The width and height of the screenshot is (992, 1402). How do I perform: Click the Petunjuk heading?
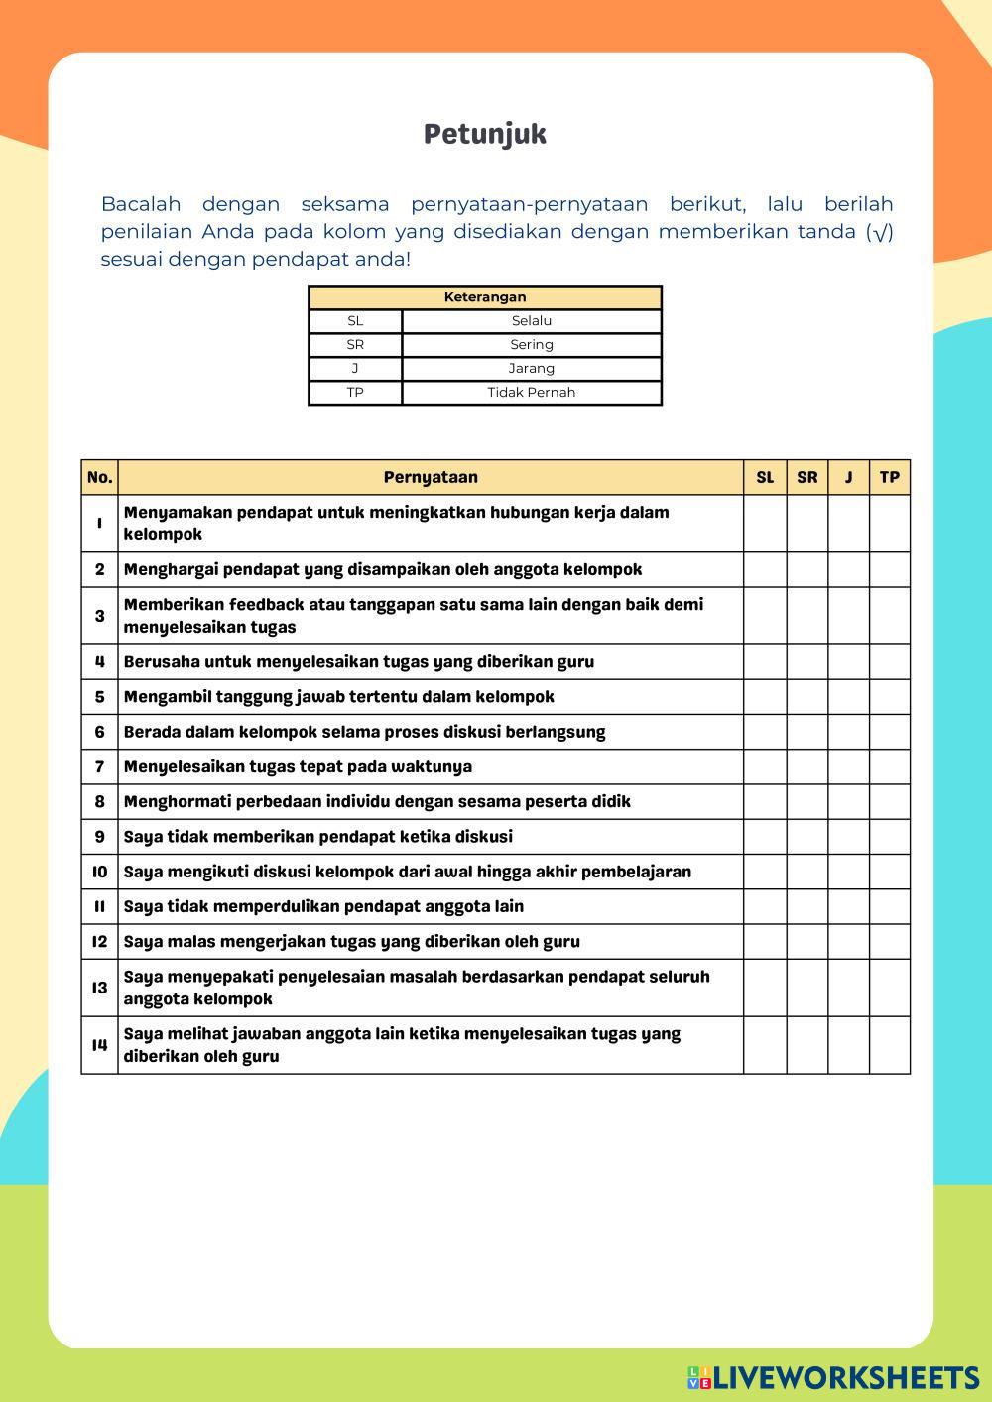click(x=485, y=134)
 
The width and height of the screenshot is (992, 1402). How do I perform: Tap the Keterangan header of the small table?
click(x=485, y=297)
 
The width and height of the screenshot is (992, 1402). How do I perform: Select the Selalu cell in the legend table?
click(x=532, y=321)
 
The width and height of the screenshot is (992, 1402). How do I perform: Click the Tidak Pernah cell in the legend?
click(x=532, y=393)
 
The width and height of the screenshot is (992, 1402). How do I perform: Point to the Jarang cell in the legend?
click(x=532, y=369)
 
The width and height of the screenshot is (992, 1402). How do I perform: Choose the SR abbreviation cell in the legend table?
click(x=355, y=345)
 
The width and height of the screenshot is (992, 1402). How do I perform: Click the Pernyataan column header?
click(x=431, y=477)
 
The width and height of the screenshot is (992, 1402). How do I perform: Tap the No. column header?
click(x=99, y=477)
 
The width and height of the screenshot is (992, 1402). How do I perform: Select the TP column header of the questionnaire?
click(x=890, y=477)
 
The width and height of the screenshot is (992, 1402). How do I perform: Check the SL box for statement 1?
click(x=765, y=524)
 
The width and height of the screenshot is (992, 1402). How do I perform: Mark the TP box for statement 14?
click(x=890, y=1045)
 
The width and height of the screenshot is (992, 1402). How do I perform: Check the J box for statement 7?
click(x=848, y=766)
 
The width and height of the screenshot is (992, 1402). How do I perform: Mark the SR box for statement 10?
click(x=807, y=872)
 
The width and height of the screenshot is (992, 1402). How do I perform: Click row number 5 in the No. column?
click(x=99, y=697)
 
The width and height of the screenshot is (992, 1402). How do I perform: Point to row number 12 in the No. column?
click(x=99, y=941)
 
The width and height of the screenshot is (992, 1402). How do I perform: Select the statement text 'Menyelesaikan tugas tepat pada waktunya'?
click(x=298, y=766)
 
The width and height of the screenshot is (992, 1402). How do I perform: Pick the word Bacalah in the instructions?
click(x=141, y=204)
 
